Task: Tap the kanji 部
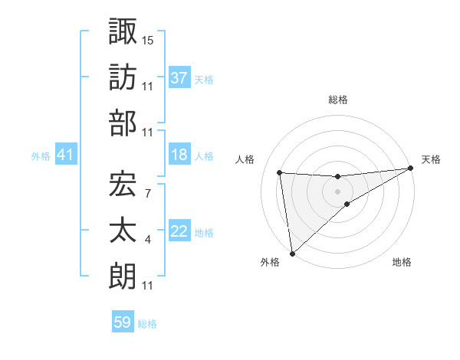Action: [x=123, y=123]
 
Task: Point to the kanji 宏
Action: [x=123, y=184]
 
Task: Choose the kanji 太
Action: [x=123, y=230]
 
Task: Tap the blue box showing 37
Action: [x=179, y=78]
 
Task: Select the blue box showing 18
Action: [x=179, y=155]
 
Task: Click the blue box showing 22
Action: [x=179, y=232]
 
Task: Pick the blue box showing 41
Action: [x=65, y=155]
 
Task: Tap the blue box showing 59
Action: [x=123, y=322]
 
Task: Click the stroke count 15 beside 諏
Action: [x=148, y=38]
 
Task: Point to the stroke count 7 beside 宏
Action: [x=147, y=191]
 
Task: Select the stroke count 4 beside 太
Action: [x=147, y=240]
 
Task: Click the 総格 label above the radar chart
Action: [x=337, y=100]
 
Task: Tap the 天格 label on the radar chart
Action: [x=431, y=159]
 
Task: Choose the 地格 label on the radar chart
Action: [x=402, y=263]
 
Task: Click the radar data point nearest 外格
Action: [x=291, y=253]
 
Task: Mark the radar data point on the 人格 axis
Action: [x=280, y=172]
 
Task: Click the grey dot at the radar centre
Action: [x=337, y=191]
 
